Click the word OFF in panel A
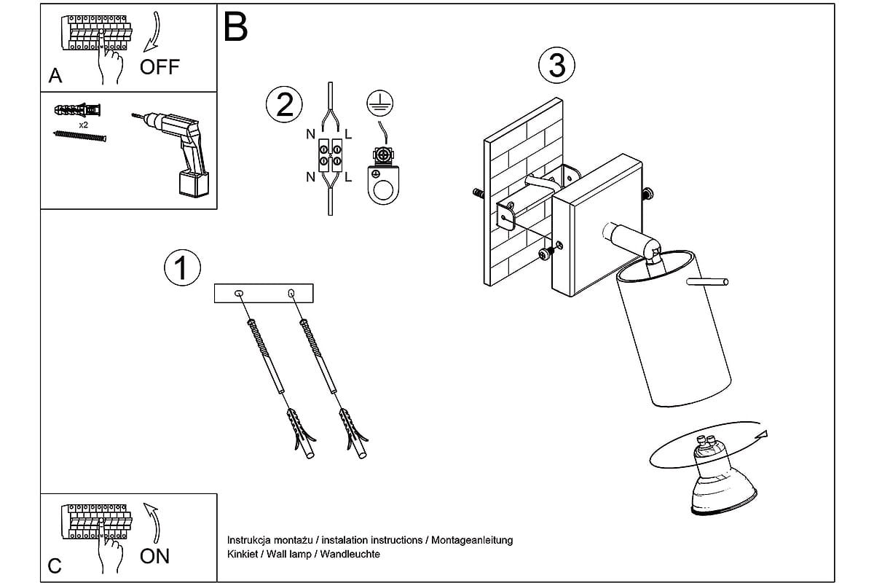pyautogui.click(x=160, y=68)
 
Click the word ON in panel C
pyautogui.click(x=154, y=556)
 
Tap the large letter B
pyautogui.click(x=236, y=27)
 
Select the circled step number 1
pyautogui.click(x=181, y=267)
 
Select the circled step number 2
pyautogui.click(x=283, y=105)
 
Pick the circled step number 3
pyautogui.click(x=556, y=66)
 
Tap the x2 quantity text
pyautogui.click(x=84, y=125)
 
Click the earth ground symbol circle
pyautogui.click(x=376, y=102)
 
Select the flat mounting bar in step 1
pyautogui.click(x=264, y=293)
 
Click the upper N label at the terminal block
pyautogui.click(x=311, y=134)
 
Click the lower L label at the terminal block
pyautogui.click(x=348, y=177)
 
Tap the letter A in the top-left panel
pyautogui.click(x=55, y=76)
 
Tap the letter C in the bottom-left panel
pyautogui.click(x=55, y=566)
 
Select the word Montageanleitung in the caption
pyautogui.click(x=473, y=540)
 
